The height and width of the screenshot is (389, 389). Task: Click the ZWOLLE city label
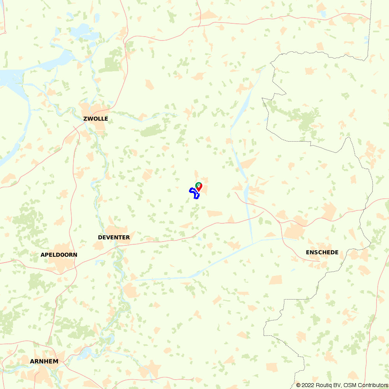point(96,119)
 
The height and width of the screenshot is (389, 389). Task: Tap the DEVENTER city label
point(114,237)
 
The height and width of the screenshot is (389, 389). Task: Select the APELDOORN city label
point(59,255)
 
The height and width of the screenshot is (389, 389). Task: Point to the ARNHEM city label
point(44,361)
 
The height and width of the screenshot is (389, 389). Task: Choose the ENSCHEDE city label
point(322,252)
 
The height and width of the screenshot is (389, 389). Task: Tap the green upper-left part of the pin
point(197,184)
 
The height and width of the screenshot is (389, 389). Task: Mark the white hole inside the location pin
point(198,185)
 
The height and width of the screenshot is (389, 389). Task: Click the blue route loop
point(192,190)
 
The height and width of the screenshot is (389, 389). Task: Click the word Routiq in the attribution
point(323,385)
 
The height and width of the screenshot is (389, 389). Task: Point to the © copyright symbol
point(298,385)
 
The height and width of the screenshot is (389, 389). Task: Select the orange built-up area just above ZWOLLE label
point(92,109)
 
